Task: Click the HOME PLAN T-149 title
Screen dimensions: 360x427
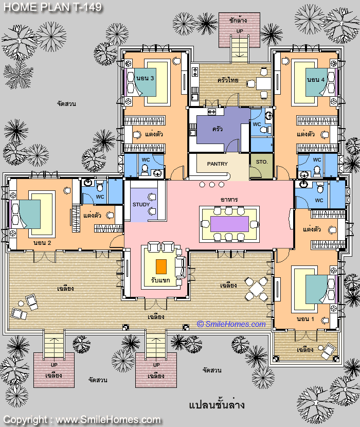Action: (53, 7)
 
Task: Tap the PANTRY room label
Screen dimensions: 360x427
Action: (218, 164)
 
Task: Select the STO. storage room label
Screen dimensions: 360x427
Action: (262, 162)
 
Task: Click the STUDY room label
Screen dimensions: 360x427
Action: (141, 205)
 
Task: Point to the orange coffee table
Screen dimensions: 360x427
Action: (161, 266)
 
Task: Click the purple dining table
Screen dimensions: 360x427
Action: (229, 224)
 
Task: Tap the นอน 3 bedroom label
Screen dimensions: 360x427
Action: (145, 78)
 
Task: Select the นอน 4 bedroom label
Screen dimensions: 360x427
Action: (316, 80)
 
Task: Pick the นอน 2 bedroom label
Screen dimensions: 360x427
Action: (42, 243)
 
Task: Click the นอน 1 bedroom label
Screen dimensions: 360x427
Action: (305, 319)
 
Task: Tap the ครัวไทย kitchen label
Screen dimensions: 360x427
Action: (228, 80)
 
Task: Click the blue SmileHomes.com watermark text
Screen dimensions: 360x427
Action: (231, 324)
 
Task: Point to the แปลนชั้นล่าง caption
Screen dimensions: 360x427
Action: (217, 405)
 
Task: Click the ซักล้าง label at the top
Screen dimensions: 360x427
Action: (238, 20)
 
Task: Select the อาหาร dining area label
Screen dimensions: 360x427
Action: (229, 200)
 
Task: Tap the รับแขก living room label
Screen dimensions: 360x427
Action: (160, 280)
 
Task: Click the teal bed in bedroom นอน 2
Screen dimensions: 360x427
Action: (30, 215)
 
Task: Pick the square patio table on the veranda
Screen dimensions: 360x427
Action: (256, 289)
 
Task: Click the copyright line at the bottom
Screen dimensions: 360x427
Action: (82, 420)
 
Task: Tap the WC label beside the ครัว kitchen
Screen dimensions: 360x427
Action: (257, 124)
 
